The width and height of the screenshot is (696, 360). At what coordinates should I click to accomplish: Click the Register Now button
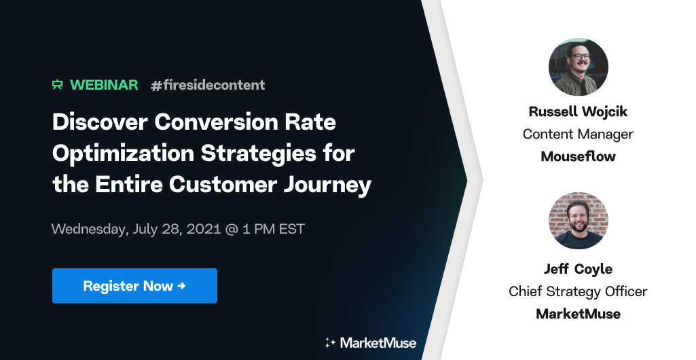click(x=134, y=286)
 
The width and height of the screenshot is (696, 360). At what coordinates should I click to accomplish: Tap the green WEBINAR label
click(x=104, y=85)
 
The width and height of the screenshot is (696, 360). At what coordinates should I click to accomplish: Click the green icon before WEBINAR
click(x=58, y=85)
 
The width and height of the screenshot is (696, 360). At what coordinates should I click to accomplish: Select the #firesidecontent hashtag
click(x=208, y=85)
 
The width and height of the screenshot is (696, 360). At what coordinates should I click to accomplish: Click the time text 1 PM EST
click(x=274, y=228)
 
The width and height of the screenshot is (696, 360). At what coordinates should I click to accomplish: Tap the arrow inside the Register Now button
click(x=181, y=286)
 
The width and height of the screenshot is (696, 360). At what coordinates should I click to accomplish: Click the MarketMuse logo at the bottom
click(x=378, y=342)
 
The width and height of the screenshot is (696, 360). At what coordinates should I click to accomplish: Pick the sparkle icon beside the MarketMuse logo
click(x=331, y=342)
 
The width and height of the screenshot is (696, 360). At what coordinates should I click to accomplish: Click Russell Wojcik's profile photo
click(x=578, y=67)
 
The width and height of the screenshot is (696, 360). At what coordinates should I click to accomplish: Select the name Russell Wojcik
click(x=578, y=111)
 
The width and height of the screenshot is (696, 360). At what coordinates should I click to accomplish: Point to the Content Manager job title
click(x=578, y=134)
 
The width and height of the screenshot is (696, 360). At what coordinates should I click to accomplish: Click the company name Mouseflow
click(x=578, y=156)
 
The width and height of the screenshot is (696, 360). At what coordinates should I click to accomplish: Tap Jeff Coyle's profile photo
click(x=578, y=221)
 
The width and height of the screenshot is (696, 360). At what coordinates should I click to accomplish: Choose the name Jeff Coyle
click(x=578, y=269)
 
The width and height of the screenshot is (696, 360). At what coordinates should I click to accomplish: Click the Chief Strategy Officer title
click(x=578, y=291)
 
